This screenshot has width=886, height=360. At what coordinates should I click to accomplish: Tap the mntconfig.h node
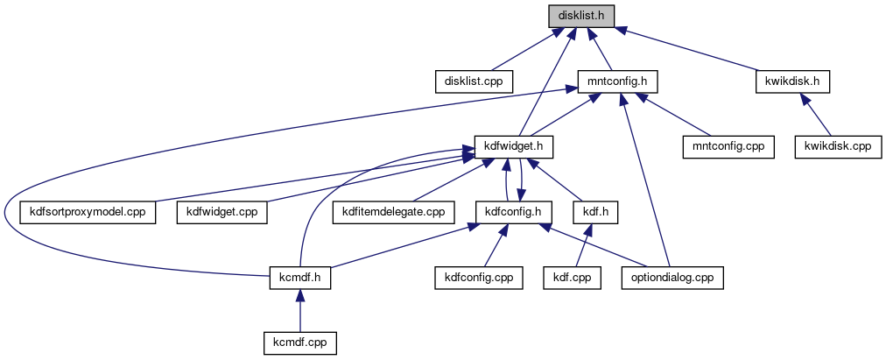617,81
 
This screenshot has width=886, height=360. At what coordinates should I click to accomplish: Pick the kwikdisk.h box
791,81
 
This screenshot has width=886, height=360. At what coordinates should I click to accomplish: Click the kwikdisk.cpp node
837,146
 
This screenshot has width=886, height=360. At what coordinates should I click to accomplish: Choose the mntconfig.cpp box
728,146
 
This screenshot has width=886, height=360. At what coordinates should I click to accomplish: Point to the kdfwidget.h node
515,146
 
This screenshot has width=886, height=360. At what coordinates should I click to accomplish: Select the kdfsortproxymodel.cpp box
88,212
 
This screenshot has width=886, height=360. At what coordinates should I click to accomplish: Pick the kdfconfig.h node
514,212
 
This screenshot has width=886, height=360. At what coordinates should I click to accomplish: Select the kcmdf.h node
299,279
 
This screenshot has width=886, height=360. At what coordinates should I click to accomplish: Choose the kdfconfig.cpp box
479,279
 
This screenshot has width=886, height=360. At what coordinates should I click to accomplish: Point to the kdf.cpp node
573,279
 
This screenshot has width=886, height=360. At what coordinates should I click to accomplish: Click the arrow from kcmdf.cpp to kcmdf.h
299,311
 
